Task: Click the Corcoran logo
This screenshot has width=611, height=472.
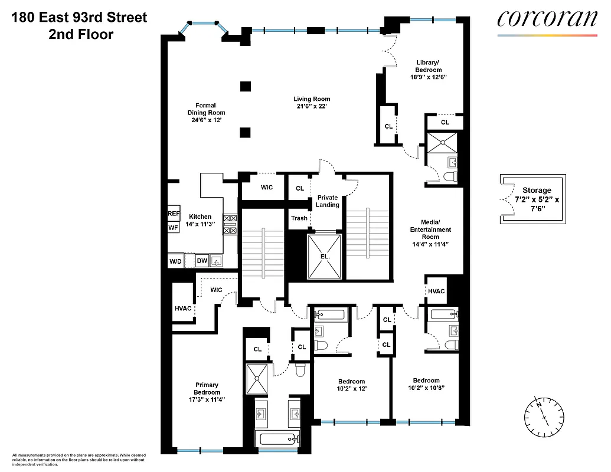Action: click(547, 19)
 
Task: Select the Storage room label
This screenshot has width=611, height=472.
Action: click(537, 190)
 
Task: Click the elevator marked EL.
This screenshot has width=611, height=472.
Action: click(324, 257)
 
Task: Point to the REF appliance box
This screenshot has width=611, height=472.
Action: click(174, 214)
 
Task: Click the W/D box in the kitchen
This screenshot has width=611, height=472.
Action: click(175, 260)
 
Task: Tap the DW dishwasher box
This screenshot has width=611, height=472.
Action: click(202, 260)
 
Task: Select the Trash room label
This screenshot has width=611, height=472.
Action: click(299, 218)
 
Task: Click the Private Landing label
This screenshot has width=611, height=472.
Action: click(328, 201)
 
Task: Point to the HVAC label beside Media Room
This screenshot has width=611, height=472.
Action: click(436, 291)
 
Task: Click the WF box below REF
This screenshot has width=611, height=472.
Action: click(174, 227)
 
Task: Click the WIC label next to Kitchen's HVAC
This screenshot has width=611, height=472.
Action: click(216, 290)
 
